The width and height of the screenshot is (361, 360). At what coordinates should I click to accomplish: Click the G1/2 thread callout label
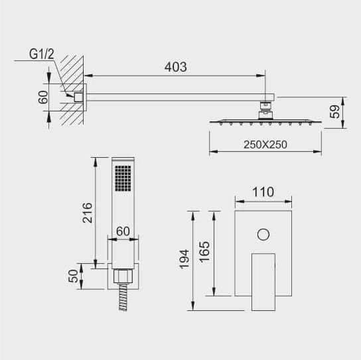tap(42, 54)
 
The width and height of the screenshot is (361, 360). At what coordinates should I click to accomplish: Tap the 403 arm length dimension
tap(175, 67)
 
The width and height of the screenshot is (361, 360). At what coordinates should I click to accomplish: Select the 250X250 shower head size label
tap(265, 145)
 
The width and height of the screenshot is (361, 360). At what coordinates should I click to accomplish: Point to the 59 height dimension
tap(334, 112)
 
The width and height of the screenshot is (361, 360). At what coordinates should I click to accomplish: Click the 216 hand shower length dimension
tap(87, 213)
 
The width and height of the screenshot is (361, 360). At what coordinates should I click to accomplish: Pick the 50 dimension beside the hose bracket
tap(74, 276)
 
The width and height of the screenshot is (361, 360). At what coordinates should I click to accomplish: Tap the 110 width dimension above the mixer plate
tap(263, 192)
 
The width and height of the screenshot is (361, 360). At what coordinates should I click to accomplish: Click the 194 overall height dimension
tap(184, 259)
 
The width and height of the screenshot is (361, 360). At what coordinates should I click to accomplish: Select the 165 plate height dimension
tap(204, 252)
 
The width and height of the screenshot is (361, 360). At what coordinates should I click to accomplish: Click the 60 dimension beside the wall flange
tap(43, 97)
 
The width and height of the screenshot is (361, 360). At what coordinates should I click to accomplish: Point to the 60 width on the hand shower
tap(123, 231)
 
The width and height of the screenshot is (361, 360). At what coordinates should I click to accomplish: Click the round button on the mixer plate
tap(263, 235)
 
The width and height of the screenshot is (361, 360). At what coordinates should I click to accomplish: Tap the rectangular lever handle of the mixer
tap(263, 282)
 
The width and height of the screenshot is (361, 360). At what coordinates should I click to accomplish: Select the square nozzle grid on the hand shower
tap(123, 178)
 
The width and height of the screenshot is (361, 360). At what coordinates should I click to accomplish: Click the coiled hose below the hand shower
tap(123, 298)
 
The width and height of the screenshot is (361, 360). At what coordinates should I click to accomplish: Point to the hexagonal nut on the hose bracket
tap(123, 276)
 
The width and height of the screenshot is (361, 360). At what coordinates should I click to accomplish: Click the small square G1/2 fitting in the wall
tap(78, 97)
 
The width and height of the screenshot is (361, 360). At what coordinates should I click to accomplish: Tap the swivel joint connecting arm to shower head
tap(265, 110)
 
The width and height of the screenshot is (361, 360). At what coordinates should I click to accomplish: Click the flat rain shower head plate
tap(265, 122)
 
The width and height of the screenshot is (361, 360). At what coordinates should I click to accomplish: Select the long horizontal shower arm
tap(180, 97)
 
